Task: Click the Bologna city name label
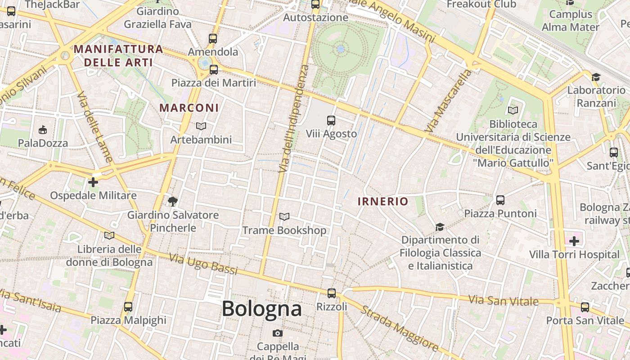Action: (x=261, y=309)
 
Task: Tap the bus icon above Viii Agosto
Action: (x=331, y=120)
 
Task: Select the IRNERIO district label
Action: (x=382, y=202)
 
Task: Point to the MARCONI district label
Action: (x=189, y=108)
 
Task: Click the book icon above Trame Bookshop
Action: (x=284, y=217)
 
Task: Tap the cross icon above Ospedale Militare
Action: (x=93, y=182)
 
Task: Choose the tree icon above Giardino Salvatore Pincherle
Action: (x=172, y=201)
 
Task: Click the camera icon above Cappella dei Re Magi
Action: (x=278, y=333)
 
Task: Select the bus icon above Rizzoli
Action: (x=332, y=293)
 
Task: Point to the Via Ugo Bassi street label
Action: (x=203, y=264)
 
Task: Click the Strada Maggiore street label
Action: (x=400, y=328)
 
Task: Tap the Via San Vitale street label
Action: (x=503, y=300)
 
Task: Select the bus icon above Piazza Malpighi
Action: (x=128, y=307)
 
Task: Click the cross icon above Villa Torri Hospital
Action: (x=574, y=241)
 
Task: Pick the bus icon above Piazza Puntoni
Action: (x=500, y=200)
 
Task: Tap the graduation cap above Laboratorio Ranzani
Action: (x=596, y=77)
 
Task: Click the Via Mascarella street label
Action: (x=449, y=101)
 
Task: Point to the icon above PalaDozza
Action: (x=43, y=130)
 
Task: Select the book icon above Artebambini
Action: (x=201, y=126)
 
